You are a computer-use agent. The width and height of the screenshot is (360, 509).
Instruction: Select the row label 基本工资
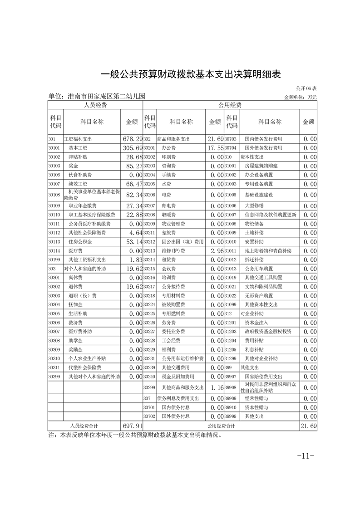(78, 148)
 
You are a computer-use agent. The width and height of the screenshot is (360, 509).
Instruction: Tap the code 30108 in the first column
(54, 195)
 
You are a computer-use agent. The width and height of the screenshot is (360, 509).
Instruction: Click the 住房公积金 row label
(80, 241)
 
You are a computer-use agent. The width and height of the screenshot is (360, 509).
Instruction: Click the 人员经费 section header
(95, 105)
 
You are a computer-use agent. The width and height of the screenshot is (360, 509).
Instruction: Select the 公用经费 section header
(230, 105)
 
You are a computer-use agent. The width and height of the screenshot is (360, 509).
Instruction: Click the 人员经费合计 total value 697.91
(133, 426)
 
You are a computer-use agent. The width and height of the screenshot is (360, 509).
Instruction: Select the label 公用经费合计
(222, 426)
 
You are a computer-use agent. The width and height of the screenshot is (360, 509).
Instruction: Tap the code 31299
(232, 358)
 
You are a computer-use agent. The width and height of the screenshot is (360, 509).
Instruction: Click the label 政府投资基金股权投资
(268, 332)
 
